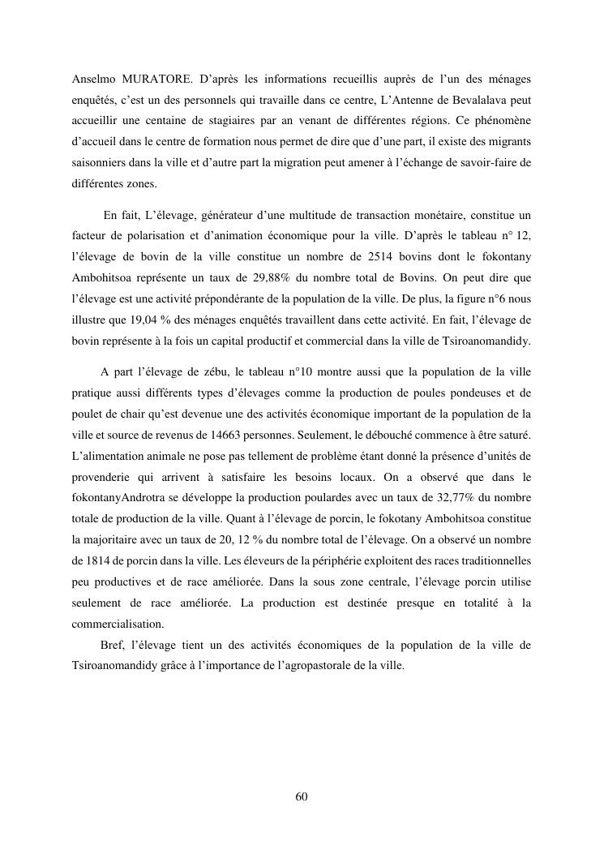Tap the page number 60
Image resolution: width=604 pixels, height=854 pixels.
click(x=302, y=796)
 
